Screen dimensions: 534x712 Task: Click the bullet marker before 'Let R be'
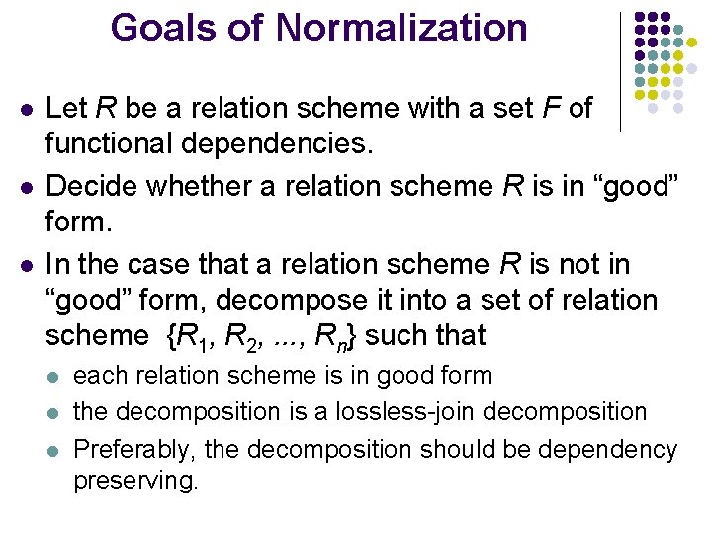point(22,108)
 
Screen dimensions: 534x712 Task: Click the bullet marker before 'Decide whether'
point(22,187)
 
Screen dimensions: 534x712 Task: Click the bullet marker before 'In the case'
point(22,266)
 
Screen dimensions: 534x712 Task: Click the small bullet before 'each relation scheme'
point(55,377)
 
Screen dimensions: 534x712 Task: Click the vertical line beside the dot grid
point(620,71)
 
